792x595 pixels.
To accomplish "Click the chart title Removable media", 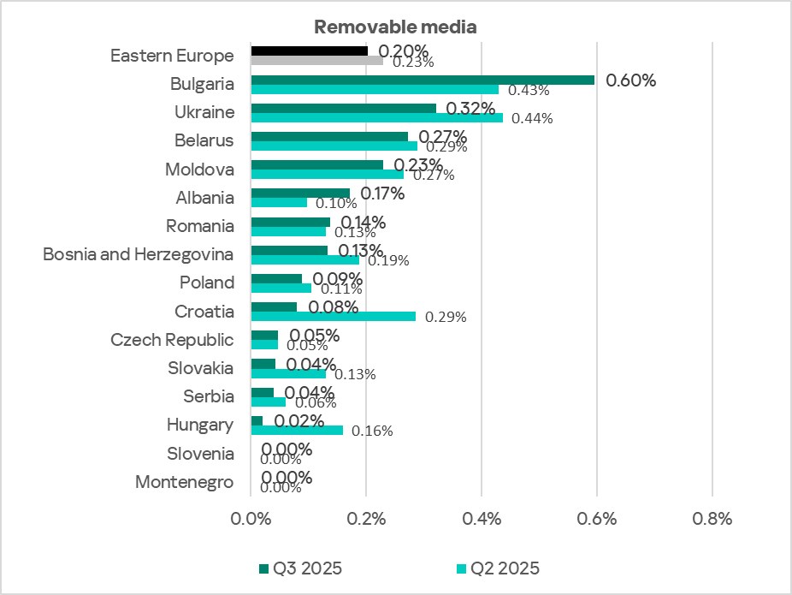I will pyautogui.click(x=395, y=27).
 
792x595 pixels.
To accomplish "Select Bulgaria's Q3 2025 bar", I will pyautogui.click(x=423, y=80).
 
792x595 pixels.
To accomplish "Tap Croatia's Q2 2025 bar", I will pyautogui.click(x=334, y=316).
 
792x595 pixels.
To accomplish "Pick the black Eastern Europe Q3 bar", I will pyautogui.click(x=309, y=51).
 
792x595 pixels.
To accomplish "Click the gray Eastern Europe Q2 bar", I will pyautogui.click(x=316, y=61).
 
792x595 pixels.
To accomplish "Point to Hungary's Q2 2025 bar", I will pyautogui.click(x=297, y=430).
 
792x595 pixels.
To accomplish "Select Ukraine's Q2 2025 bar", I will pyautogui.click(x=376, y=117).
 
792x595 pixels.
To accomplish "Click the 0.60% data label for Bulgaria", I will pyautogui.click(x=630, y=80).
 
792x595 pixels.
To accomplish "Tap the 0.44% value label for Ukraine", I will pyautogui.click(x=532, y=118).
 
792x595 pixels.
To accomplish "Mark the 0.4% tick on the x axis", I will pyautogui.click(x=482, y=519).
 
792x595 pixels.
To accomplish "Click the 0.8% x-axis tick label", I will pyautogui.click(x=712, y=519).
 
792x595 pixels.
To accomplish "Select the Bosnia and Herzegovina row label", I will pyautogui.click(x=139, y=254).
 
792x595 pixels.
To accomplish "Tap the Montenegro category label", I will pyautogui.click(x=185, y=482).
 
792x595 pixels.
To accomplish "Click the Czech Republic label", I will pyautogui.click(x=173, y=340).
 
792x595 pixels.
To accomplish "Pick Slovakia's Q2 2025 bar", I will pyautogui.click(x=288, y=373).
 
